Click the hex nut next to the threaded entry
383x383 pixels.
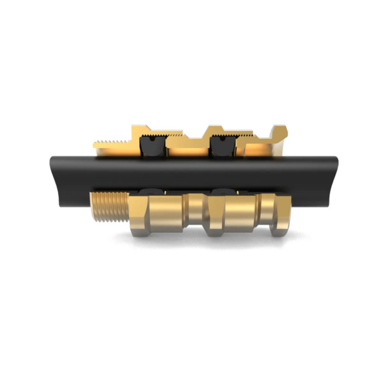[x=154, y=216]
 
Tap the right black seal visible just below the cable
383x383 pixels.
[x=220, y=191]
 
